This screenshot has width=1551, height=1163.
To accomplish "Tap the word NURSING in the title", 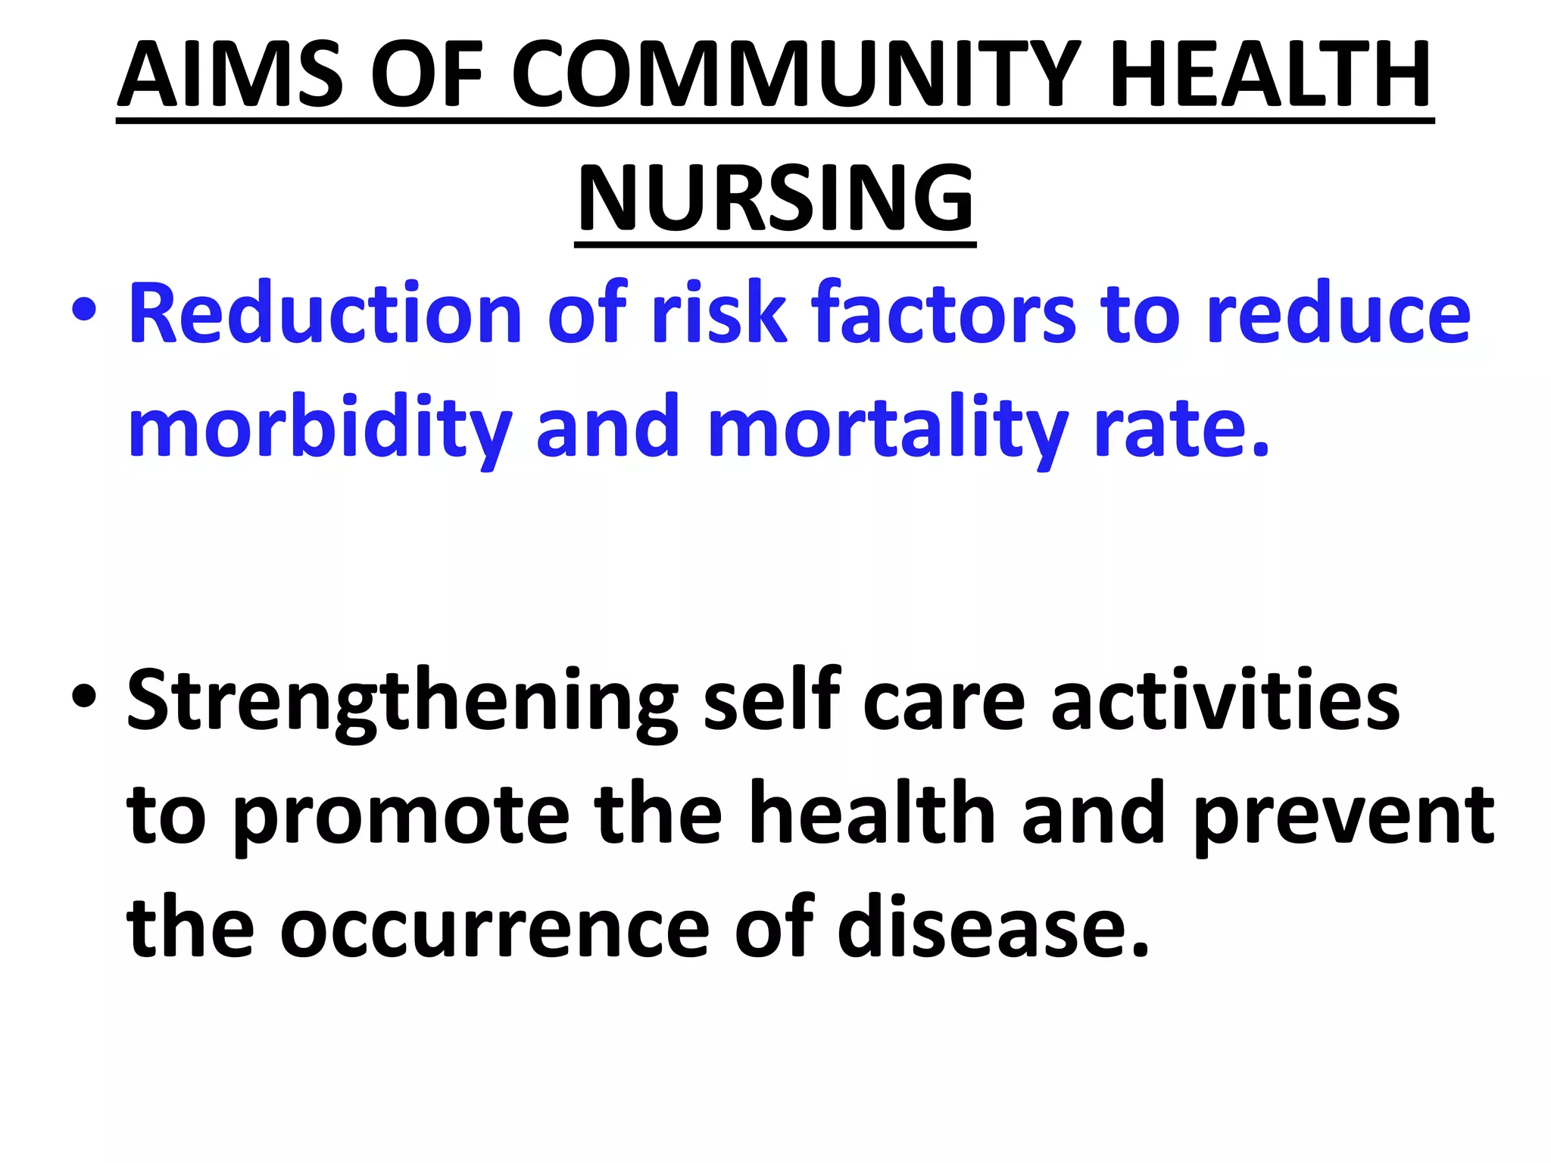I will [x=775, y=198].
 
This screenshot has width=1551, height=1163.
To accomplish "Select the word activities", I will [x=1225, y=700].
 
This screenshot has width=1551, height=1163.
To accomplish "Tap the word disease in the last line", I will [x=992, y=927].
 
